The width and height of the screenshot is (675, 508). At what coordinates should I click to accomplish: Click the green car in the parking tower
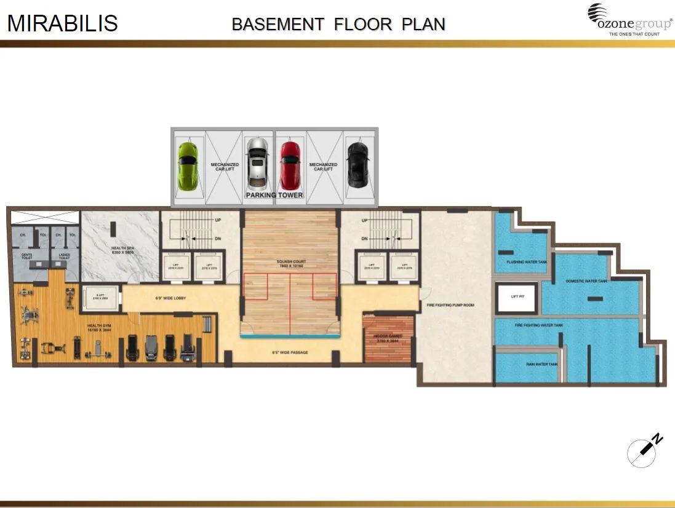click(188, 165)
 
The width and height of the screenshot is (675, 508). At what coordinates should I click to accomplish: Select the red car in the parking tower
click(290, 165)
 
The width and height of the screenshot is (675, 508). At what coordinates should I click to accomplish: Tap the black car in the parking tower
click(356, 165)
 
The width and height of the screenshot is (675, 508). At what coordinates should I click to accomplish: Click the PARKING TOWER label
click(274, 195)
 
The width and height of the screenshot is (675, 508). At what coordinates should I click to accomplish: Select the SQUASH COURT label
click(291, 262)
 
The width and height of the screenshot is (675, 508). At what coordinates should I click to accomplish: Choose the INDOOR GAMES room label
click(388, 337)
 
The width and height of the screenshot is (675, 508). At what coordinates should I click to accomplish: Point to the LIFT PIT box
click(517, 296)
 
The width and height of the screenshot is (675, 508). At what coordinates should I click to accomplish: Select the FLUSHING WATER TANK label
click(526, 262)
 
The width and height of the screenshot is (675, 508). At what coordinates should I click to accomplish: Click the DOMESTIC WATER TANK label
click(586, 281)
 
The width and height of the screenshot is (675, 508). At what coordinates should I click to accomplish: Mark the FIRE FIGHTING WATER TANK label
click(538, 325)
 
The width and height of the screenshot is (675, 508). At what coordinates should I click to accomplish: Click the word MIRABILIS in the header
click(62, 23)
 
